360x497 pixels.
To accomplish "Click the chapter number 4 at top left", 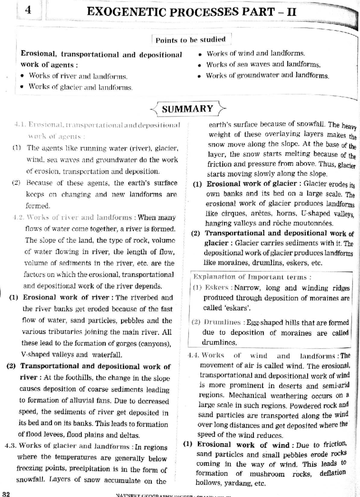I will [x=28, y=11].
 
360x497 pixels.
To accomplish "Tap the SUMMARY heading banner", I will [x=187, y=109].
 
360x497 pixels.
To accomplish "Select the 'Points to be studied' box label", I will [x=190, y=40].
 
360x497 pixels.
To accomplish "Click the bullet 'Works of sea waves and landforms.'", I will [x=263, y=65].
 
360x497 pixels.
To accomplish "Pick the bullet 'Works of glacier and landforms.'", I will [x=80, y=87].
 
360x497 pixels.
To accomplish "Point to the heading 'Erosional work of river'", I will [x=66, y=297].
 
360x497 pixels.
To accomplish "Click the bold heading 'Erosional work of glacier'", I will [x=251, y=184].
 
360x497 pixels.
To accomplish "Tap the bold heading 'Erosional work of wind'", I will [x=243, y=445].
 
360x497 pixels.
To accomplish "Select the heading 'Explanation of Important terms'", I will [x=252, y=277].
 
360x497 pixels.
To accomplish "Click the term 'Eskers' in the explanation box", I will [x=217, y=288].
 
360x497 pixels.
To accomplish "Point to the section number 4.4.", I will [x=193, y=355].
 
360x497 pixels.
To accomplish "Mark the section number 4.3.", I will [x=11, y=446].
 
